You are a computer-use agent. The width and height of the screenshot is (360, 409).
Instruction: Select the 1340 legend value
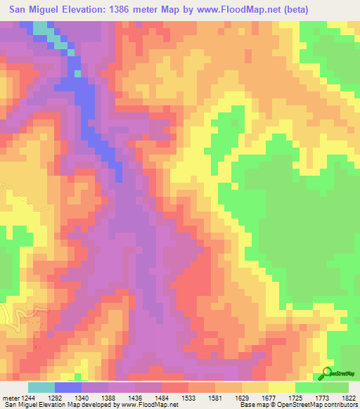pyautogui.click(x=82, y=398)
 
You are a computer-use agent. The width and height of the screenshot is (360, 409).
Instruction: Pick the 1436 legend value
pyautogui.click(x=136, y=398)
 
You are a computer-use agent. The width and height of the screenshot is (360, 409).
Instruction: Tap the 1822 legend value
pyautogui.click(x=349, y=398)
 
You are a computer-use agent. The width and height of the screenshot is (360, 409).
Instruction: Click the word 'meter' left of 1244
pyautogui.click(x=9, y=398)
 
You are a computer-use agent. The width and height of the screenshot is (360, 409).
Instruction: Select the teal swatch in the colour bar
pyautogui.click(x=41, y=387)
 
